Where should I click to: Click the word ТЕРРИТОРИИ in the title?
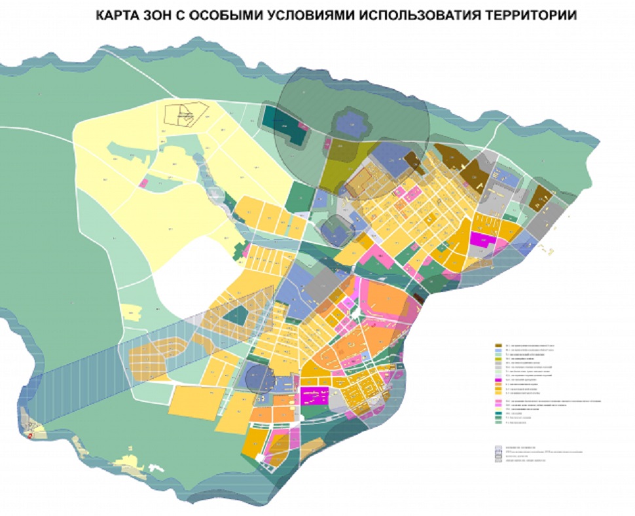click(530, 15)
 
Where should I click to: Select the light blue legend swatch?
click(498, 349)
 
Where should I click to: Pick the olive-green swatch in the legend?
click(498, 359)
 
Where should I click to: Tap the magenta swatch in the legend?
click(498, 380)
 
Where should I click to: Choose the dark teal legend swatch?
click(498, 413)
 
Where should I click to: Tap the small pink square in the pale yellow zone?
click(143, 183)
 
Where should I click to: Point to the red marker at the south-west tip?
click(29, 433)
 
